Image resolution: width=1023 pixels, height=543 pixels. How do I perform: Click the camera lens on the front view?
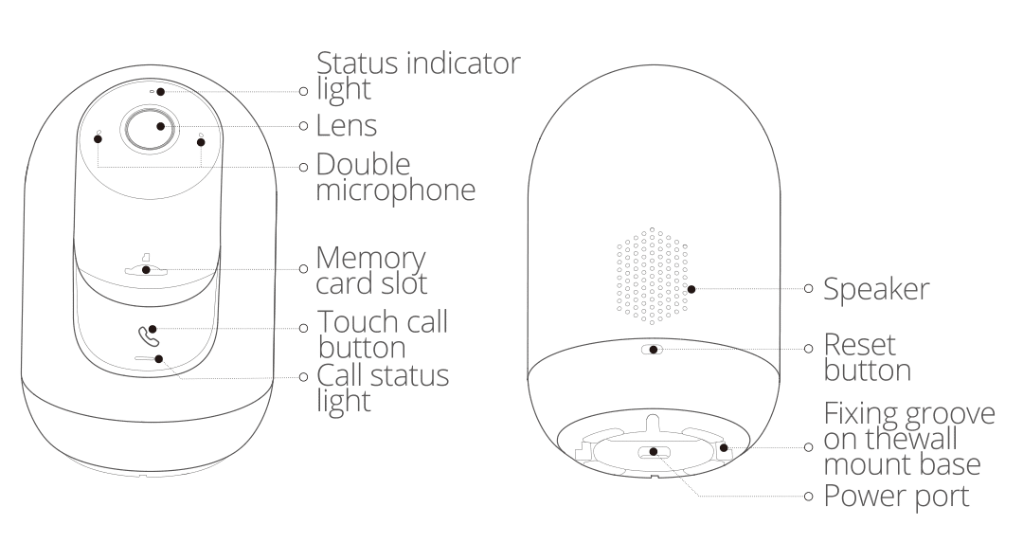pyautogui.click(x=150, y=128)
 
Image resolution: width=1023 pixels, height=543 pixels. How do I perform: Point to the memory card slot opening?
pyautogui.click(x=146, y=270)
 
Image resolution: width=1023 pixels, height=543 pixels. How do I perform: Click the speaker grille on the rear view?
pyautogui.click(x=653, y=276)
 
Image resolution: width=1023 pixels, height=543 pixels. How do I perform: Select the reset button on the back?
pyautogui.click(x=652, y=350)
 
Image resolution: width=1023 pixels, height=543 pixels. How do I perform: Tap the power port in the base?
pyautogui.click(x=652, y=452)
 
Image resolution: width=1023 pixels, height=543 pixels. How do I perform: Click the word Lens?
pyautogui.click(x=347, y=126)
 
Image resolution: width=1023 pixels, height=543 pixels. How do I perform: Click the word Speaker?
pyautogui.click(x=876, y=290)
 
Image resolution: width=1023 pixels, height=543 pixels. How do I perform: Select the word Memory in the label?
pyautogui.click(x=370, y=259)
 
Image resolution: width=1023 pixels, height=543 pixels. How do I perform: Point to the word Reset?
pyautogui.click(x=859, y=345)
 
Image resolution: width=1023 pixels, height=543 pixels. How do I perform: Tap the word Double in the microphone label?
pyautogui.click(x=364, y=165)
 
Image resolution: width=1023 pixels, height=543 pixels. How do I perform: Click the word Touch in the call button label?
pyautogui.click(x=357, y=322)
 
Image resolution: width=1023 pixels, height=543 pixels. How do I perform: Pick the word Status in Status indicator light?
pyautogui.click(x=357, y=63)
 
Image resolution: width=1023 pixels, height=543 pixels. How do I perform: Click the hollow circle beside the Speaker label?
pyautogui.click(x=808, y=288)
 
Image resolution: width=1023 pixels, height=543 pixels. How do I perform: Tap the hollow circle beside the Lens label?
pyautogui.click(x=303, y=125)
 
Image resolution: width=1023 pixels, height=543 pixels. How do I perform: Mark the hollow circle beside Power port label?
pyautogui.click(x=808, y=497)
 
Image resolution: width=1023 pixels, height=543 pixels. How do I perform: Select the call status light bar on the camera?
pyautogui.click(x=149, y=358)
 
